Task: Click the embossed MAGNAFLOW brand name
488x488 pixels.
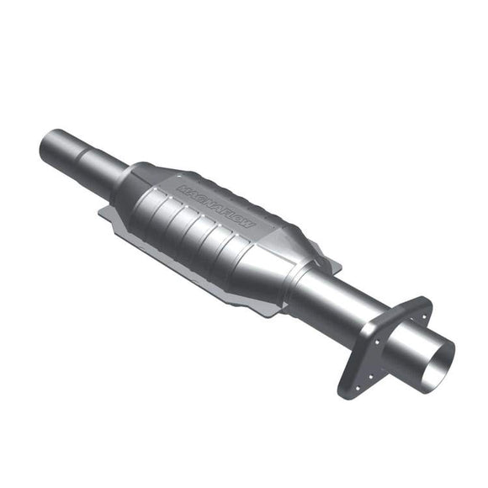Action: [x=220, y=204]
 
